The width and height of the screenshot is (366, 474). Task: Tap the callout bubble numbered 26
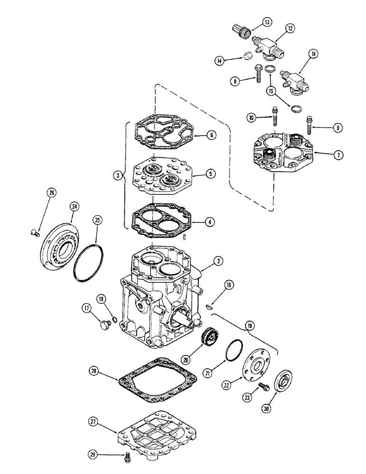tap(52, 193)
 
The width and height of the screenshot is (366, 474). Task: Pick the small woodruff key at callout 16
tap(209, 309)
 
